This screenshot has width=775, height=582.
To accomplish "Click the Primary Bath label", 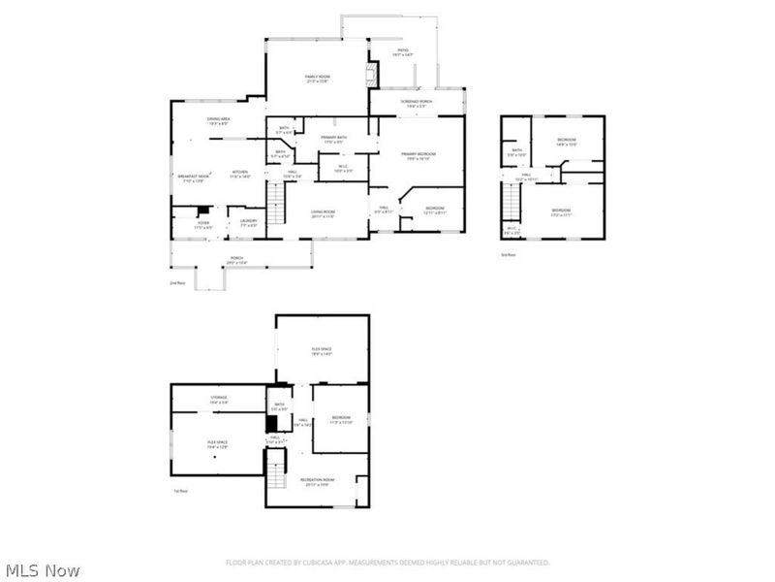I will tap(336, 141).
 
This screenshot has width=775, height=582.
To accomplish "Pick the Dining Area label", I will tap(218, 120).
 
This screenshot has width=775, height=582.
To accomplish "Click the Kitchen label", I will tap(240, 175).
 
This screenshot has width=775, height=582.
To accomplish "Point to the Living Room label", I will tap(323, 213).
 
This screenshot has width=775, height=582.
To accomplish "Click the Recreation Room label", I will tap(318, 480).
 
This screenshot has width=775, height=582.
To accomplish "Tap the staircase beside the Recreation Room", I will tap(279, 475).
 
